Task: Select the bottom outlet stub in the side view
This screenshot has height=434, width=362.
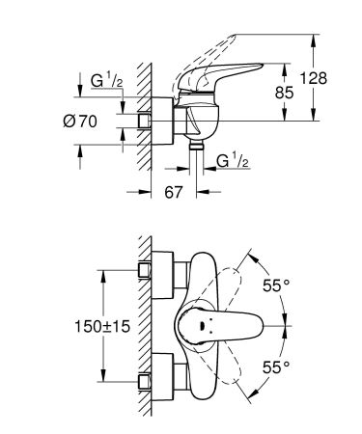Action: coord(196,146)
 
